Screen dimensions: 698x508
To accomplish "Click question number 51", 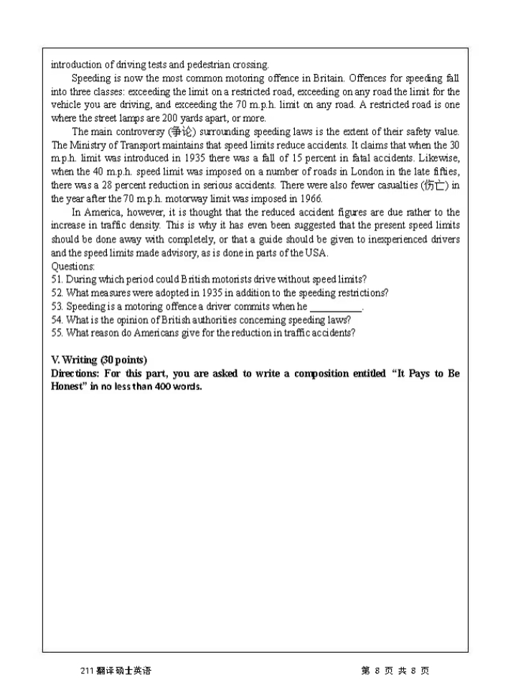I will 57,279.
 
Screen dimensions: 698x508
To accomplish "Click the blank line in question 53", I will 336,307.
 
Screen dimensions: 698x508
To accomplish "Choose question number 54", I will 57,320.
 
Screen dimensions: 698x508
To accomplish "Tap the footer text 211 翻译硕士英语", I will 116,670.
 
